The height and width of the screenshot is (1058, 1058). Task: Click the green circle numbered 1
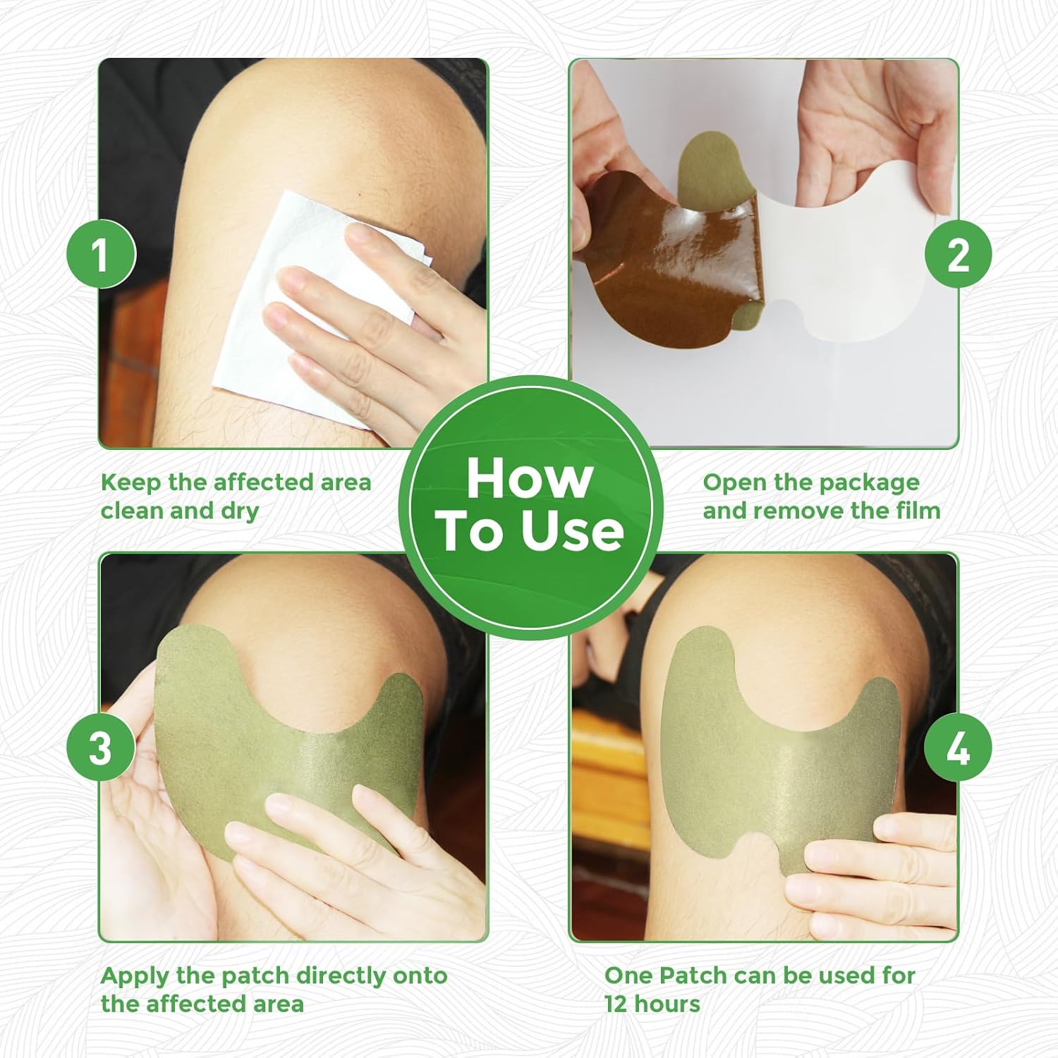click(x=100, y=254)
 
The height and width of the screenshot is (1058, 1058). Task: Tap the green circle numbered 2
click(x=958, y=254)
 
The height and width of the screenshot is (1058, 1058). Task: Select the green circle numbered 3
click(x=100, y=748)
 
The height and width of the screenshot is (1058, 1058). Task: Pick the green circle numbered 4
click(x=958, y=748)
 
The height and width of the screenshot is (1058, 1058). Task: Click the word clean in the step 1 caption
click(x=132, y=511)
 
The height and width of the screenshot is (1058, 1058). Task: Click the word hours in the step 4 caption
click(x=669, y=1004)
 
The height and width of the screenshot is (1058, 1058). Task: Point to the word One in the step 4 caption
click(x=628, y=976)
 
